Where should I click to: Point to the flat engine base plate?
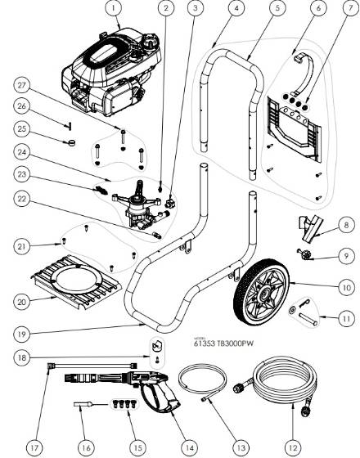83,279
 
